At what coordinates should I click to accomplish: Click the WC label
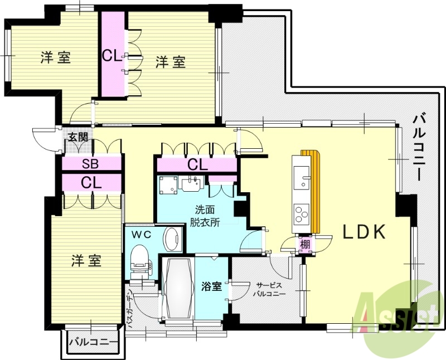[x=141, y=235]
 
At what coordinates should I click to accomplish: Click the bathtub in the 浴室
[x=177, y=290]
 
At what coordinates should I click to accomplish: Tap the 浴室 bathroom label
[x=211, y=287]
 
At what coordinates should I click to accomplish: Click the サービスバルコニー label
[x=269, y=289]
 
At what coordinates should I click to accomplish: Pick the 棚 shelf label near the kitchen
[x=305, y=245]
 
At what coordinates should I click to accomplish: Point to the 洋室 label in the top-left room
[x=56, y=58]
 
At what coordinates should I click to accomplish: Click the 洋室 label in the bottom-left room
[x=86, y=260]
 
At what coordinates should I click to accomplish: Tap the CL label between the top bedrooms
[x=110, y=56]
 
